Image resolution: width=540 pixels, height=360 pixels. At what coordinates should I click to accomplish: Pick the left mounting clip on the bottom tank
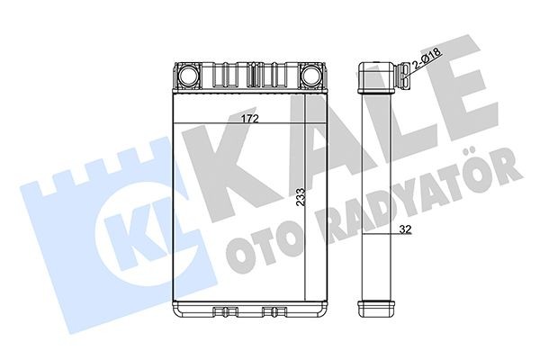(221, 314)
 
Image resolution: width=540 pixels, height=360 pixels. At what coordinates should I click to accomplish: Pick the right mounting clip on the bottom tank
(271, 314)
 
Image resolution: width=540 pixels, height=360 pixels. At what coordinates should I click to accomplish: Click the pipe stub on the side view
(401, 67)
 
